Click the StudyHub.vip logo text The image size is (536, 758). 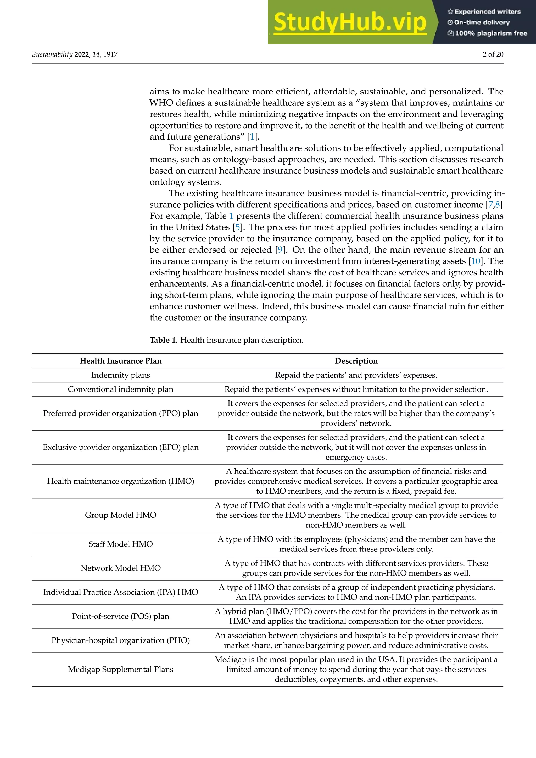tap(350, 23)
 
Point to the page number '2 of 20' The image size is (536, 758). tap(493, 54)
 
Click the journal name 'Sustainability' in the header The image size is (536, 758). tap(52, 54)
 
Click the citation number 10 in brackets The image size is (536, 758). tap(476, 261)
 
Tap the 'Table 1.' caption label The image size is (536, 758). tap(164, 340)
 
